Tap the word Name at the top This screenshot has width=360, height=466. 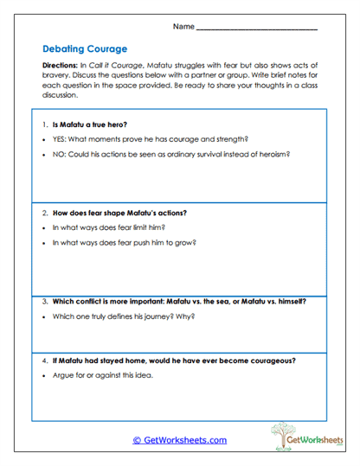tap(183, 27)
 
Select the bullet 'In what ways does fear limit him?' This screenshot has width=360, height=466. tap(108, 227)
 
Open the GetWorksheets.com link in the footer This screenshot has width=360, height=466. tap(179, 440)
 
